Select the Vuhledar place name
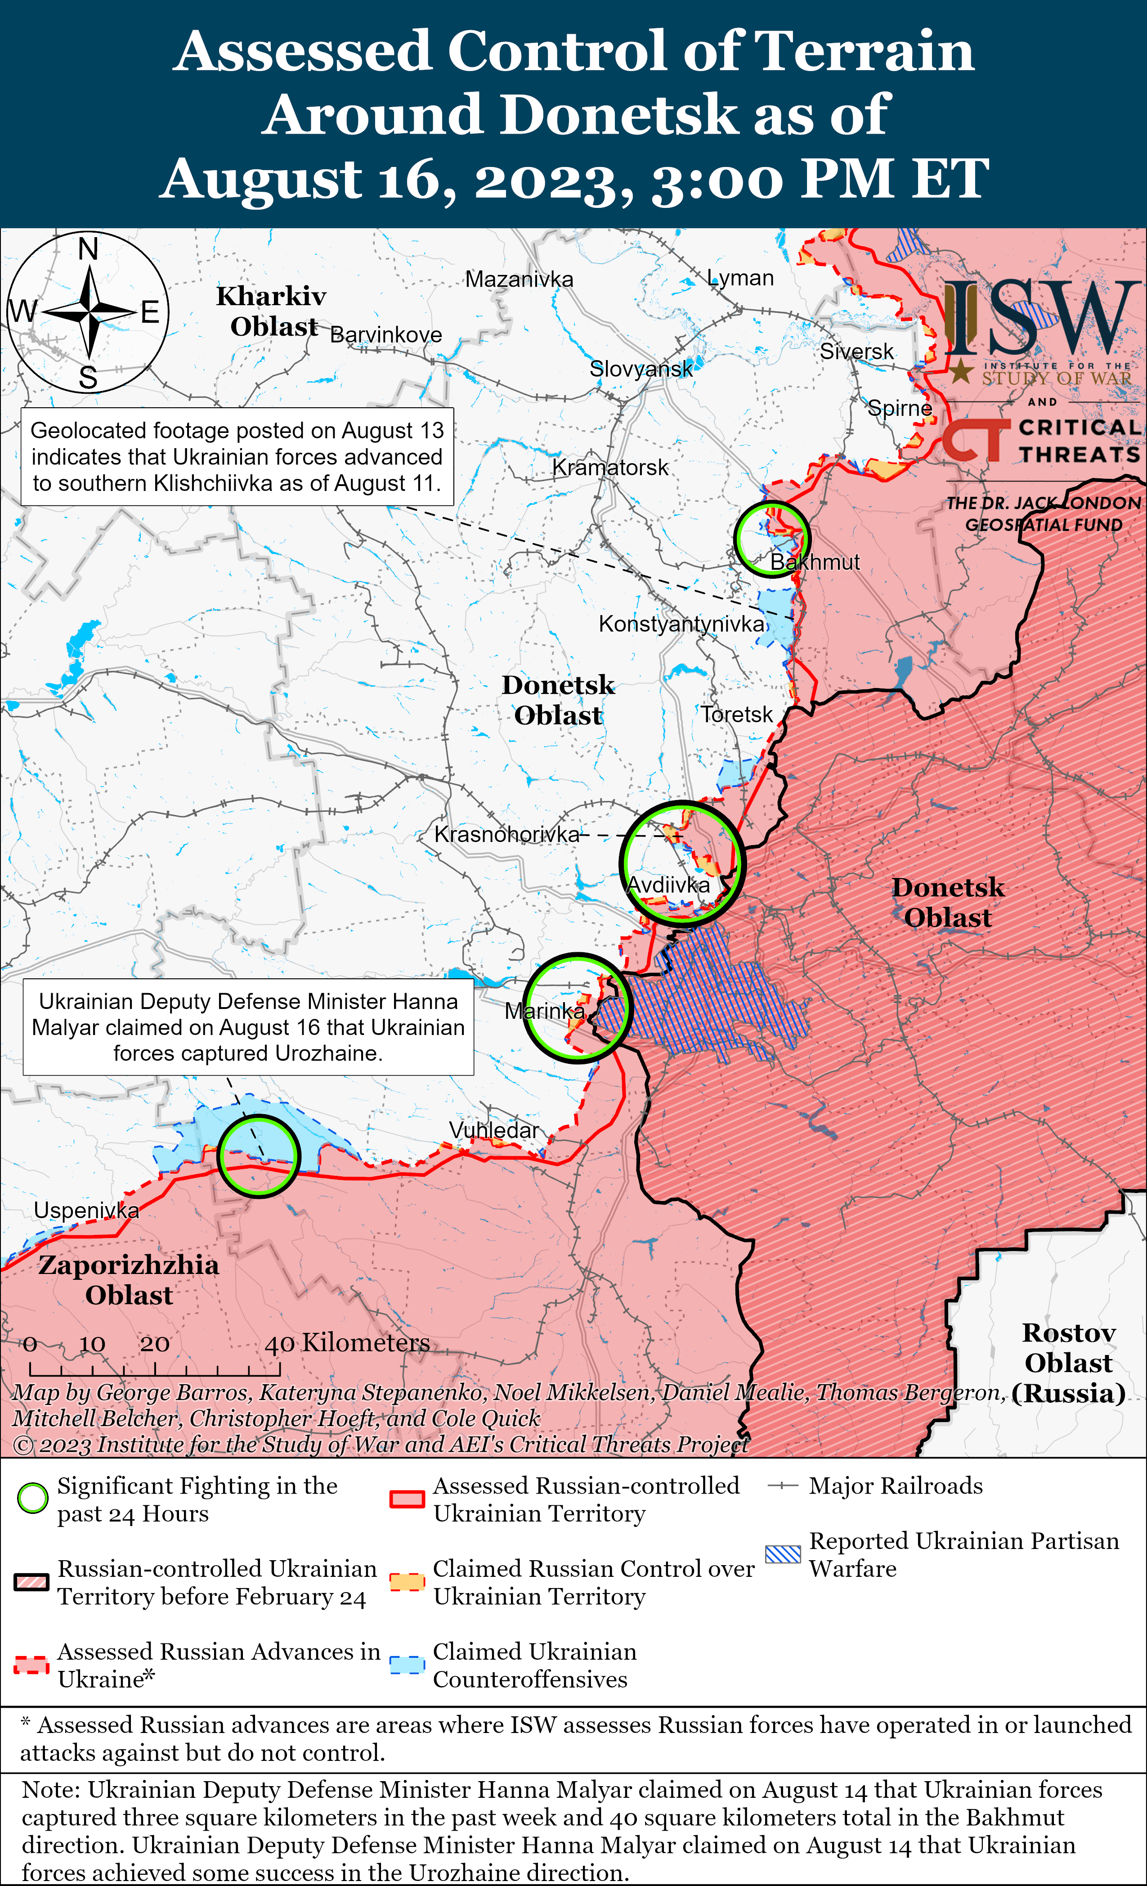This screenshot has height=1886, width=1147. (493, 1130)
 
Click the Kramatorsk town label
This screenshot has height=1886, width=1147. (610, 467)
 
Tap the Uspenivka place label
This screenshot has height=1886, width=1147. (86, 1210)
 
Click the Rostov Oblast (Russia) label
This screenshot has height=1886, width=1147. (1068, 1363)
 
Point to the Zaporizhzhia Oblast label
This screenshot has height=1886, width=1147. (129, 1280)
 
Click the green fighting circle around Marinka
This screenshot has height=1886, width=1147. (578, 1007)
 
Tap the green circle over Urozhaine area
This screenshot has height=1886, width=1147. (259, 1156)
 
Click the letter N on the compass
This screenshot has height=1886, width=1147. (89, 249)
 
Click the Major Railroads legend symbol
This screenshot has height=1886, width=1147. (783, 1485)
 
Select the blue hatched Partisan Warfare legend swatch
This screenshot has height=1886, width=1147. (783, 1555)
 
